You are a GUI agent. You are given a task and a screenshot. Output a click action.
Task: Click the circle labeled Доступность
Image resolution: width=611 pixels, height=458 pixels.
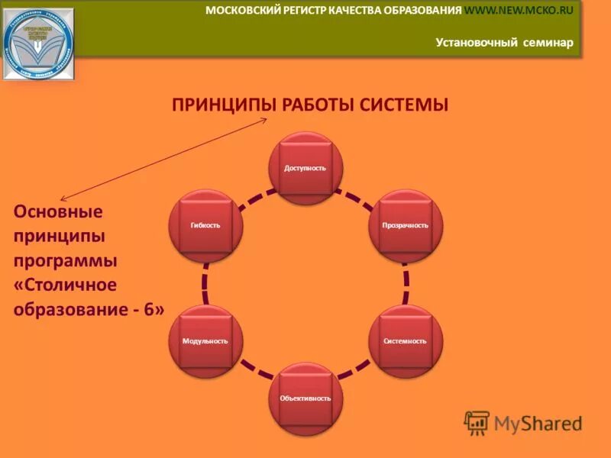pos(305,168)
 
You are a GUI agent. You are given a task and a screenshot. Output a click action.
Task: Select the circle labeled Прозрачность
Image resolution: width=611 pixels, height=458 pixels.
pos(406,225)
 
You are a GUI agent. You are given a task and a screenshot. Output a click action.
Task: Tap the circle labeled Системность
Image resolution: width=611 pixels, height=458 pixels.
pos(406,340)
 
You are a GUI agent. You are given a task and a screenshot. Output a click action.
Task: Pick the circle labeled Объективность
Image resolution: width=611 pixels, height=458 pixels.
pos(305,398)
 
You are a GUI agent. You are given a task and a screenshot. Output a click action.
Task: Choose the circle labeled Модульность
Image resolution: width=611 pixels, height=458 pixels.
pos(205,340)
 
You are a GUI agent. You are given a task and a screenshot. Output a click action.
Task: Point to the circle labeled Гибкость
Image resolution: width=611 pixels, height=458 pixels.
pos(205,225)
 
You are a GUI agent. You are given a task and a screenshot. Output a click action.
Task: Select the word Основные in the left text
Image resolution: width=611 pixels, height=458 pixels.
pos(59,211)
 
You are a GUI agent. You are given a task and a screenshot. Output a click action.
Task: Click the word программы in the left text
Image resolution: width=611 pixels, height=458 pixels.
pos(66,261)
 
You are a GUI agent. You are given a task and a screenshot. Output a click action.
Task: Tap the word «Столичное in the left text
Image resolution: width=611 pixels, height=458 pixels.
pos(66,285)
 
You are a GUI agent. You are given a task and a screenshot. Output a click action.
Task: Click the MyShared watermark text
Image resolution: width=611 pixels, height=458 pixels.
pos(538,422)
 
